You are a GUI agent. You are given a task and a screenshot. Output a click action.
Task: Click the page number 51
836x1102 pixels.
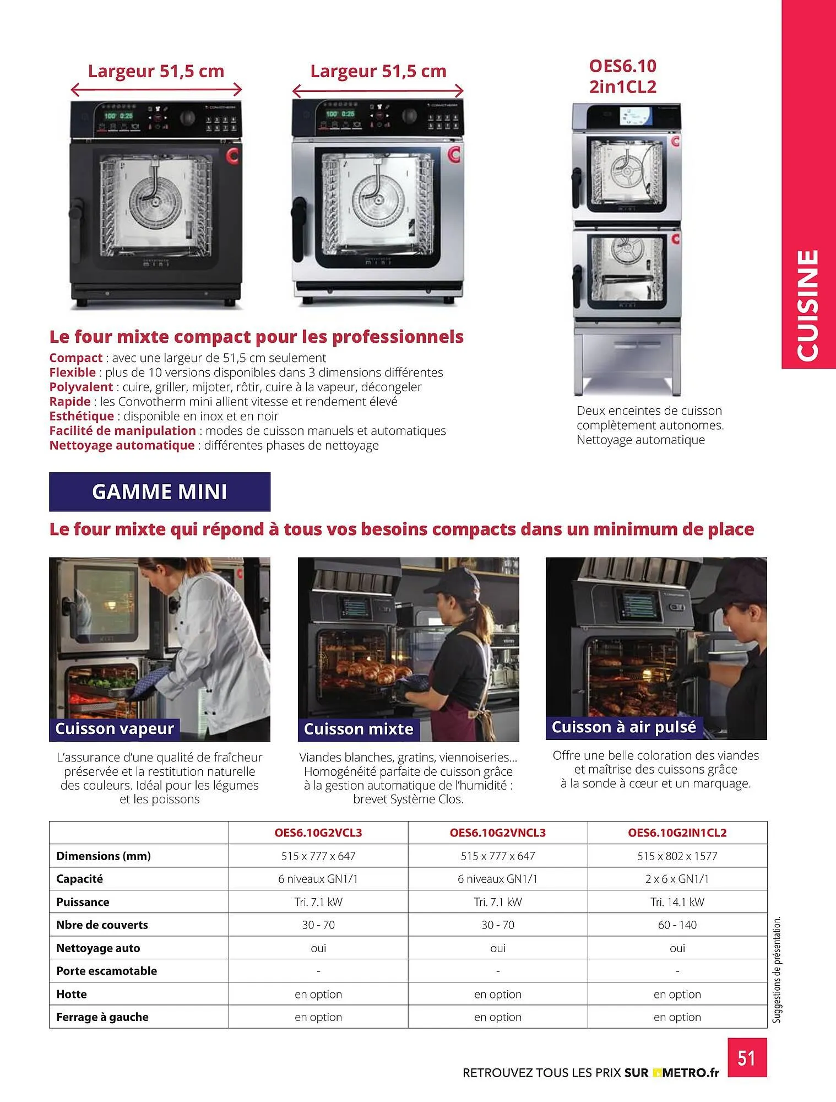[746, 1058]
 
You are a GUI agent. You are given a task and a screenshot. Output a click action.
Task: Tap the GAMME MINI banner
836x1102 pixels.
[160, 491]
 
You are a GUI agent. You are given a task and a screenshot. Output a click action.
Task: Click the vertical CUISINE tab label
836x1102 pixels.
[808, 306]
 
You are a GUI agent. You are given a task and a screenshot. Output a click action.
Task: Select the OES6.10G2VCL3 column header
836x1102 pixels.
[318, 833]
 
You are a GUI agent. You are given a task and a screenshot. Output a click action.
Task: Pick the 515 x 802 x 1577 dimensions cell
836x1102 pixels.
[677, 856]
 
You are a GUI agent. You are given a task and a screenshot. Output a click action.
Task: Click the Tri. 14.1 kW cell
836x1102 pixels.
[677, 902]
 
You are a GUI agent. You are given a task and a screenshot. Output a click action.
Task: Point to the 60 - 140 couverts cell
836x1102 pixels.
[677, 925]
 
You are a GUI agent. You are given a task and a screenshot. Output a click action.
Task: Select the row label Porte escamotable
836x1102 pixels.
[106, 971]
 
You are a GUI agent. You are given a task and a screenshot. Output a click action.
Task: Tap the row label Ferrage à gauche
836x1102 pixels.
[102, 1017]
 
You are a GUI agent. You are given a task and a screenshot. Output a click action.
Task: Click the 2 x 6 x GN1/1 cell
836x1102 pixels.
[677, 879]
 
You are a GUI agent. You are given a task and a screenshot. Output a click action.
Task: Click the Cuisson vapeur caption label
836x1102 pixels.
[115, 728]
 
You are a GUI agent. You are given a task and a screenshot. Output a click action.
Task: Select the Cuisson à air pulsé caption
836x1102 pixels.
[624, 727]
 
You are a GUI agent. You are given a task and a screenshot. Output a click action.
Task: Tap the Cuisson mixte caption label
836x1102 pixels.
[359, 729]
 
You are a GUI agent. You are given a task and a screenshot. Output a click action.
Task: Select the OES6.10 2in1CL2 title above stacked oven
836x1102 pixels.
[623, 76]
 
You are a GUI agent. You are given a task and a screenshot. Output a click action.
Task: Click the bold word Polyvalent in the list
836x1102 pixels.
[81, 387]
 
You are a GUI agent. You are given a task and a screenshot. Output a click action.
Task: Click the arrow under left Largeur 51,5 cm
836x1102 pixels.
[156, 89]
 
